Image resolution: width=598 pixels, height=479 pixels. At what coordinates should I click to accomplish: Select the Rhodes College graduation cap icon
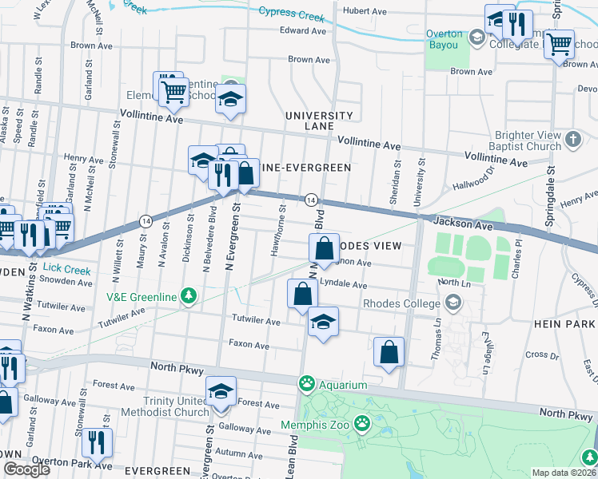(x=453, y=303)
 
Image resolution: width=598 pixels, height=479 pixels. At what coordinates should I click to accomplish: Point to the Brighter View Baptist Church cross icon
(x=572, y=141)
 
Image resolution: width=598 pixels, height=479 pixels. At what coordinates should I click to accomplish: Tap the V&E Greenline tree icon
(x=189, y=296)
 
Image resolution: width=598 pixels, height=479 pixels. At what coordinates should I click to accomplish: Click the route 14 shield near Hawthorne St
(x=312, y=199)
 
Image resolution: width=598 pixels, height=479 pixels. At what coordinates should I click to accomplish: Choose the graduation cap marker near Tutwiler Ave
(x=322, y=323)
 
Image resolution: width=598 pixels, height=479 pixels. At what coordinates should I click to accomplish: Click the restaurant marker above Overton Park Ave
(x=97, y=442)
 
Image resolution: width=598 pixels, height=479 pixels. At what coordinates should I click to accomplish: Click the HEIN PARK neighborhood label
(x=565, y=324)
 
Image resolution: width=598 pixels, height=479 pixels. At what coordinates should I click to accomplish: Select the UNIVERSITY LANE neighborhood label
(x=320, y=121)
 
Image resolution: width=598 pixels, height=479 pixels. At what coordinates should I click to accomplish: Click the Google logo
(x=26, y=469)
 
